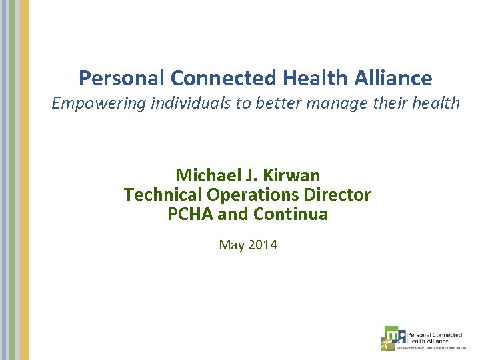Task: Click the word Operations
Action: [246, 195]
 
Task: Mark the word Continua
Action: [291, 215]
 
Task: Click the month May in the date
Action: [231, 245]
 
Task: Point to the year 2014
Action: [262, 245]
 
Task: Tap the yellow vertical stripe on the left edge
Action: [24, 180]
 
